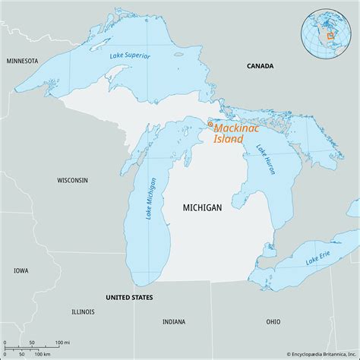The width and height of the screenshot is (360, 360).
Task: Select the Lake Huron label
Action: [x=267, y=160]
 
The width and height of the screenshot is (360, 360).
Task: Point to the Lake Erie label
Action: [x=318, y=261]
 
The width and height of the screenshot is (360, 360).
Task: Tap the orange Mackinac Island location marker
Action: [x=210, y=125]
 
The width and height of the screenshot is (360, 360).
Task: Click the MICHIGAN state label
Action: [x=202, y=207]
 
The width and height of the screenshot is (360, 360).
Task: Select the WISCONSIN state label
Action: [x=72, y=180]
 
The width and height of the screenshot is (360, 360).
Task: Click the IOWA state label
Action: [x=21, y=270]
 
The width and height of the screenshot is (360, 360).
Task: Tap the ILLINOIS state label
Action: [x=84, y=311]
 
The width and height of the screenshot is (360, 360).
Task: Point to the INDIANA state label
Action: [x=174, y=321]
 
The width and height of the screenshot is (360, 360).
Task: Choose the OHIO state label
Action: [x=273, y=321]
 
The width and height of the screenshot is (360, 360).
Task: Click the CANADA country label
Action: [x=261, y=67]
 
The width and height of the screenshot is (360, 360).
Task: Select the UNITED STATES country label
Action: [x=129, y=296]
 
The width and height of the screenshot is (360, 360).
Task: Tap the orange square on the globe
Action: [x=330, y=36]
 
